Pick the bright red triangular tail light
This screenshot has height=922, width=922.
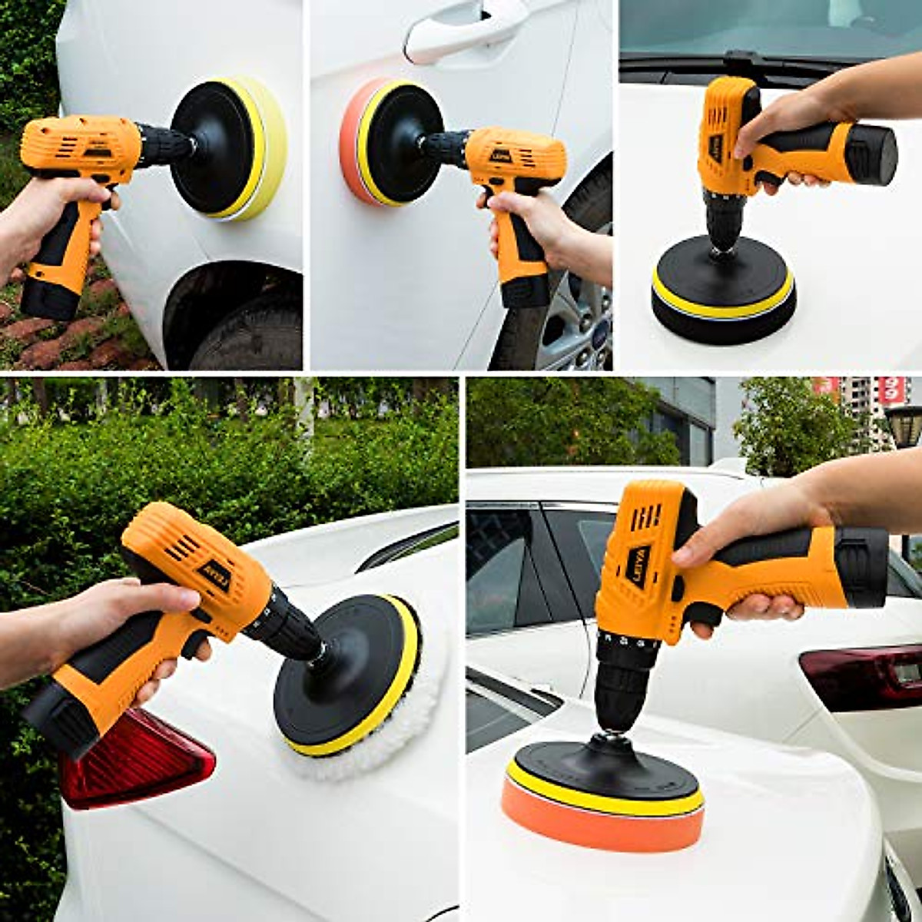(138, 761)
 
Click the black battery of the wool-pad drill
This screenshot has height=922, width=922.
(61, 715)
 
